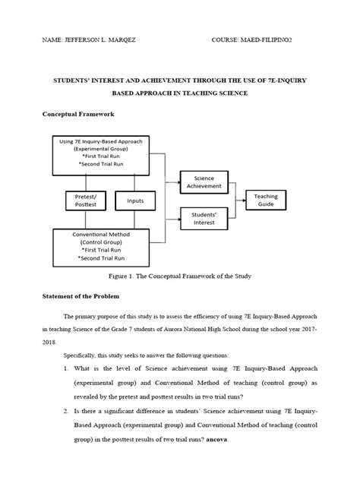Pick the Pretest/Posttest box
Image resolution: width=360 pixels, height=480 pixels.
(x=84, y=200)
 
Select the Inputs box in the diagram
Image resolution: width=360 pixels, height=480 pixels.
(x=134, y=201)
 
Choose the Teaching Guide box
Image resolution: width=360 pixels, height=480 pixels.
(x=266, y=200)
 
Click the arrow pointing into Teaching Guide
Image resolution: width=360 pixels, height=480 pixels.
(x=241, y=200)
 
